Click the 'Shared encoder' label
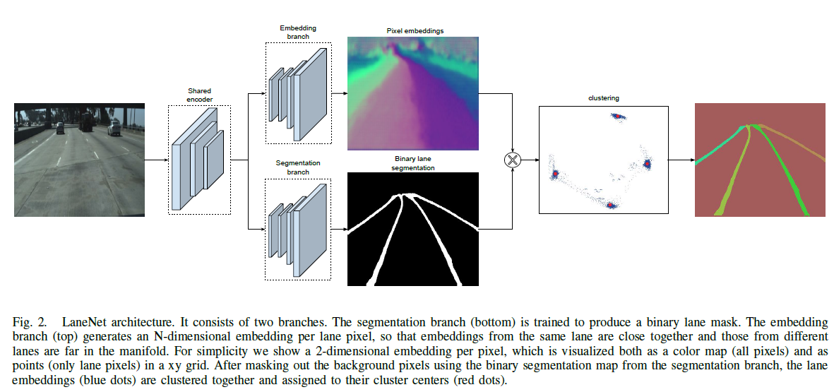tap(199, 95)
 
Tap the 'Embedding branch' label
tap(297, 32)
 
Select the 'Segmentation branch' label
tap(297, 167)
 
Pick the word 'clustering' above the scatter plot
tap(603, 98)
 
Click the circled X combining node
tap(513, 160)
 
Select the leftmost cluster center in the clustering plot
tap(556, 173)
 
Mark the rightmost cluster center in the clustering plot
tap(647, 164)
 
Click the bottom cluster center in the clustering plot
tap(612, 206)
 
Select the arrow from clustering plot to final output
tap(681, 160)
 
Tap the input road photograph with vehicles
tap(79, 160)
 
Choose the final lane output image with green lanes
tap(759, 160)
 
